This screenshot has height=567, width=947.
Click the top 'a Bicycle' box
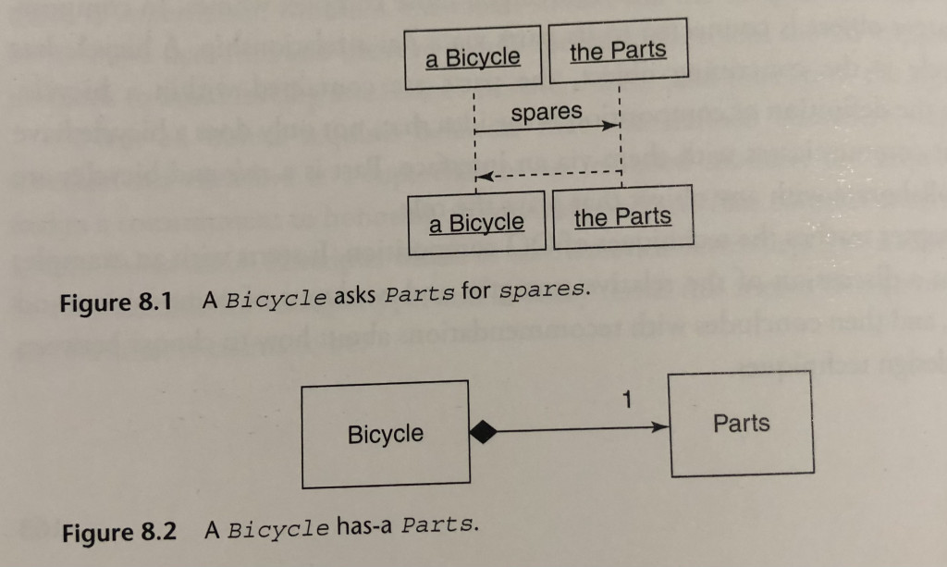[473, 57]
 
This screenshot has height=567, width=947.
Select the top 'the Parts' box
[618, 51]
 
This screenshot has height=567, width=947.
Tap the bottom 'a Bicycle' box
[476, 223]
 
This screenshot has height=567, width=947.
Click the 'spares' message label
[547, 113]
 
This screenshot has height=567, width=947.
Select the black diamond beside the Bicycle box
[486, 430]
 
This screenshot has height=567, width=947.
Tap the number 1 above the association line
[629, 401]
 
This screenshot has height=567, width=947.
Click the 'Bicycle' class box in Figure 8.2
[386, 435]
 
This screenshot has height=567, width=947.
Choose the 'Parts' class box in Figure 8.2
[741, 424]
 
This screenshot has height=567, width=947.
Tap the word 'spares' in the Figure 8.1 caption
[543, 290]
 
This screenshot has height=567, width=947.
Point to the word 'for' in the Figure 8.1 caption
[476, 292]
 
